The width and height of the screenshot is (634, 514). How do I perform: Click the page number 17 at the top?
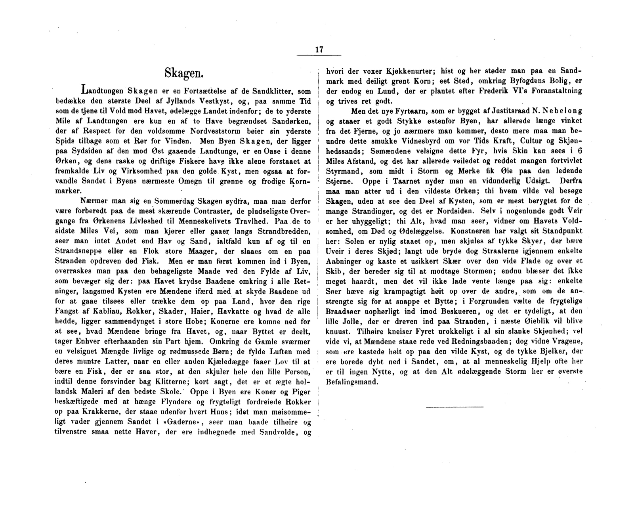(319, 50)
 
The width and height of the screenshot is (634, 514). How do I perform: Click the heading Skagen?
(184, 73)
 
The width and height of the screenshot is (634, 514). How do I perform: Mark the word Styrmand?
(341, 171)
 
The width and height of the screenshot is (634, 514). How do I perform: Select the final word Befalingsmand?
(351, 382)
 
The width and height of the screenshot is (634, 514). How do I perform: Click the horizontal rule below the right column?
(454, 407)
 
